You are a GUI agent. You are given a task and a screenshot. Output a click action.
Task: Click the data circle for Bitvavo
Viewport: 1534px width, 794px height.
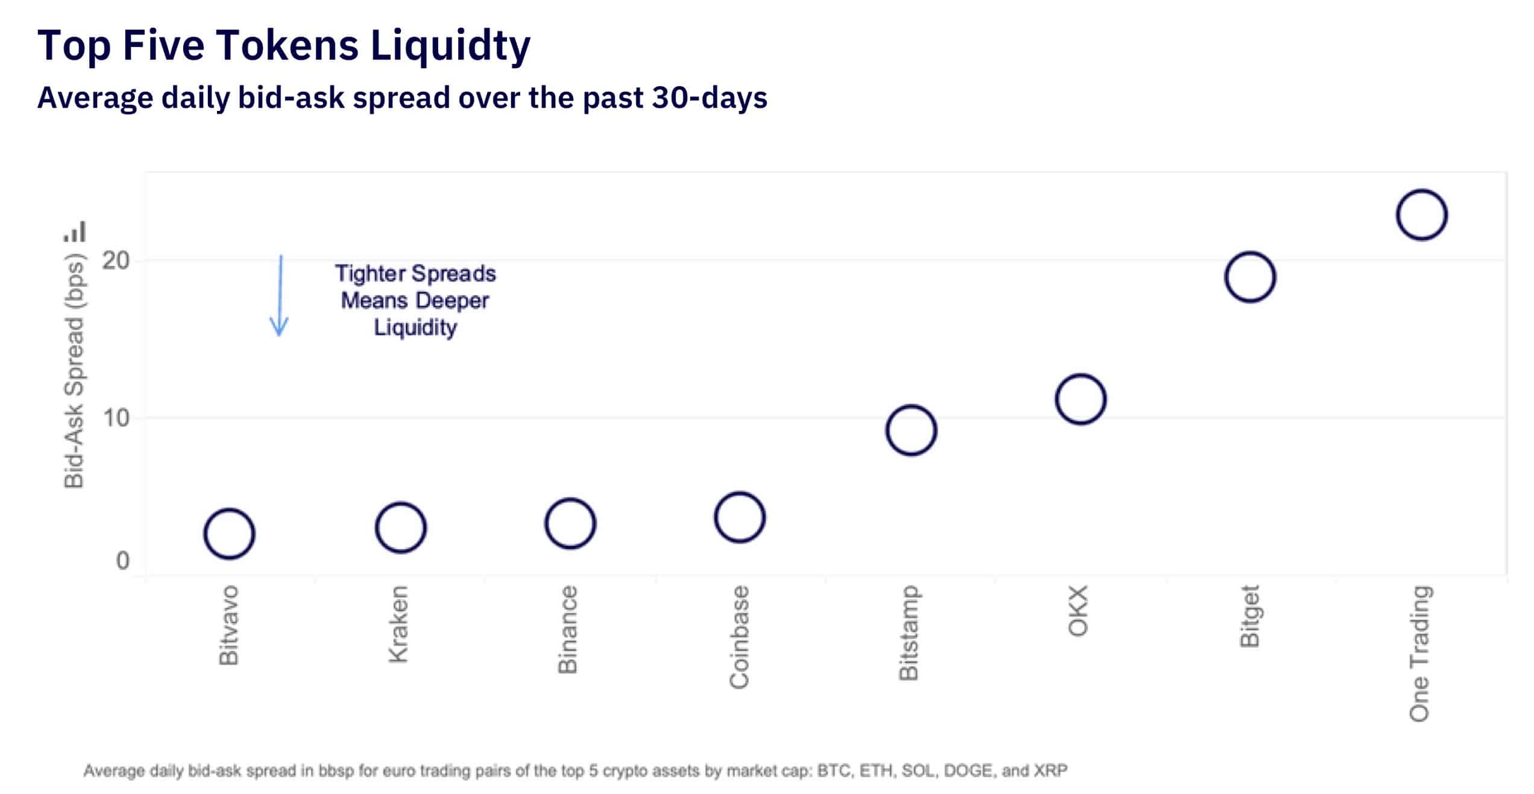[x=229, y=534]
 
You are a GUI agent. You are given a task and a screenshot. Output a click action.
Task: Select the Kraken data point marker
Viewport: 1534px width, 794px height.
[x=401, y=528]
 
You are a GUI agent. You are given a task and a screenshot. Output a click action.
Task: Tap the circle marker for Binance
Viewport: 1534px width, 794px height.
[x=570, y=523]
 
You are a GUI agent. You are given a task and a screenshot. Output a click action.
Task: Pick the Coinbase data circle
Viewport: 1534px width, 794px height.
[x=740, y=517]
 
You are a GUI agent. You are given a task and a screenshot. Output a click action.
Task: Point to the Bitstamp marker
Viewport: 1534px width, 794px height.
[x=911, y=430]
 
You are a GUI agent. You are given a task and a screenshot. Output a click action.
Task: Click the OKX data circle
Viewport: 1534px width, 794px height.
[x=1081, y=399]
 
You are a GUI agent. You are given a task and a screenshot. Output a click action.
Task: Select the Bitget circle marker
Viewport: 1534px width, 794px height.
[x=1250, y=277]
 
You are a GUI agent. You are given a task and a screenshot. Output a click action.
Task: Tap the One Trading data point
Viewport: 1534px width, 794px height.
[x=1422, y=215]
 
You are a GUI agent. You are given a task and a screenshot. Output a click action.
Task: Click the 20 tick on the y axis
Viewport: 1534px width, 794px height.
[x=116, y=260]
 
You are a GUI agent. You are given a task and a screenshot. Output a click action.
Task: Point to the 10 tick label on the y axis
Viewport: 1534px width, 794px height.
[x=116, y=418]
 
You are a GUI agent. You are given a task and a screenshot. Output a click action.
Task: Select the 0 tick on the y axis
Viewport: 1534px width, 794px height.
[x=122, y=561]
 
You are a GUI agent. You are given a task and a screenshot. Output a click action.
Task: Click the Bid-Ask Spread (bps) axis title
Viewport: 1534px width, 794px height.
[x=75, y=371]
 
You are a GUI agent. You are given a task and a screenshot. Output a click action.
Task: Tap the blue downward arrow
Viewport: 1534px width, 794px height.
[x=279, y=295]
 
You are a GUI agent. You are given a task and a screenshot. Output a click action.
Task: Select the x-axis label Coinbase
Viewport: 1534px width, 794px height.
[x=739, y=637]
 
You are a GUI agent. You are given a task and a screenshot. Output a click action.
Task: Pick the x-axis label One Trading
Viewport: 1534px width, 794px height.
[x=1419, y=654]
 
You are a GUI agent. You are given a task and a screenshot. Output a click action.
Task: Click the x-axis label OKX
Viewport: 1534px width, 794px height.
[x=1078, y=610]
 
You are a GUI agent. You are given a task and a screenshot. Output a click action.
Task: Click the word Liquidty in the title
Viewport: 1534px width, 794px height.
[x=450, y=46]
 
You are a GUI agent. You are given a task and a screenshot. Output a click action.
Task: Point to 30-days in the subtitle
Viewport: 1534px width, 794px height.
[x=709, y=98]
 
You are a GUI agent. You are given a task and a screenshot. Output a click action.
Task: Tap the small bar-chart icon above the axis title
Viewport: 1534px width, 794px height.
[x=75, y=232]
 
